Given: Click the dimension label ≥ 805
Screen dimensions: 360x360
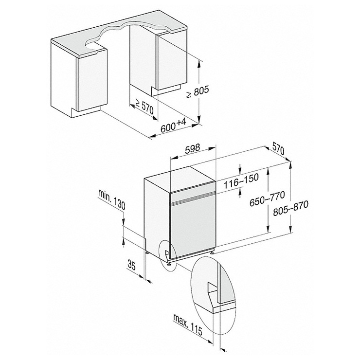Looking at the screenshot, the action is pos(198,92).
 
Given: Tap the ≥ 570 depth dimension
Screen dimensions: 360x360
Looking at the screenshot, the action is pos(144,107).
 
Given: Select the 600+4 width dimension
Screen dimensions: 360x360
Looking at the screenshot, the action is pos(173,126).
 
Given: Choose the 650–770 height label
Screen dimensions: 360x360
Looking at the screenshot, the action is pos(267,198).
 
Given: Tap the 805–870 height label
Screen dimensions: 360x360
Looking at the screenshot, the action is pos(290,208).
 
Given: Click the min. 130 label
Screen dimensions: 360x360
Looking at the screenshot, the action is pos(112,199).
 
